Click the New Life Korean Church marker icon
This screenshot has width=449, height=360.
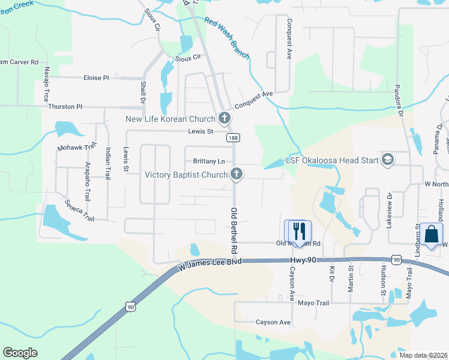(x=224, y=118)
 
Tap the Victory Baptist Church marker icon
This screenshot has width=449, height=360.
(x=237, y=174)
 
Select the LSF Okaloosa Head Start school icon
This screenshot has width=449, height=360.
(x=387, y=159)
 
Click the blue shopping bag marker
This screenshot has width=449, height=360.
(x=432, y=233)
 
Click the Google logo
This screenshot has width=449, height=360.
(x=20, y=353)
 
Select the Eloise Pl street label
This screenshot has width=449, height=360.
(x=96, y=78)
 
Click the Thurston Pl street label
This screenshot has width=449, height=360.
(x=65, y=106)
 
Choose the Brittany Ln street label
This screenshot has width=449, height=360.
(x=209, y=161)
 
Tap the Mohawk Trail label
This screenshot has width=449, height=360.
(x=77, y=147)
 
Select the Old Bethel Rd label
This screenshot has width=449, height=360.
(x=235, y=230)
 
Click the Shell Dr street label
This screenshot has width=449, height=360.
(x=143, y=93)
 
